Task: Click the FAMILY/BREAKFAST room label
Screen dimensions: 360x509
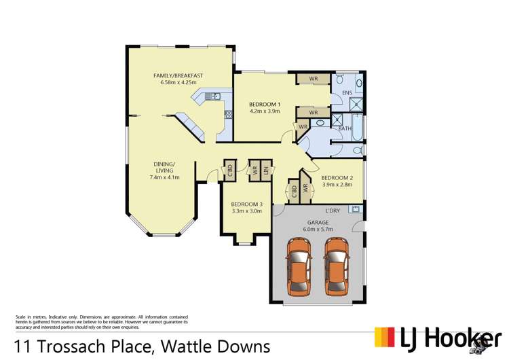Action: pyautogui.click(x=178, y=75)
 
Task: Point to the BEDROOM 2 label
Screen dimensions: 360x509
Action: pyautogui.click(x=337, y=177)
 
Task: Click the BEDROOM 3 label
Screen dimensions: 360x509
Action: pyautogui.click(x=246, y=204)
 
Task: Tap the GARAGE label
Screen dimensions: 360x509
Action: pyautogui.click(x=318, y=222)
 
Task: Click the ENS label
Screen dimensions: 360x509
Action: pyautogui.click(x=347, y=92)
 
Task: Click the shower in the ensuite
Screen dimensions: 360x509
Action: pyautogui.click(x=355, y=104)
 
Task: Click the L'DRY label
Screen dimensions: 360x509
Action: pyautogui.click(x=333, y=210)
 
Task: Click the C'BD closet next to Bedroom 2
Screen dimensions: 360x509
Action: pyautogui.click(x=293, y=191)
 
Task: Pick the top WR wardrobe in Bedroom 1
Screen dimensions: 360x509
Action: pyautogui.click(x=314, y=79)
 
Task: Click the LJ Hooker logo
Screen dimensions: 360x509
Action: pyautogui.click(x=438, y=338)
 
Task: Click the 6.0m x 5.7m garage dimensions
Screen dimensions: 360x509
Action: pyautogui.click(x=318, y=230)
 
